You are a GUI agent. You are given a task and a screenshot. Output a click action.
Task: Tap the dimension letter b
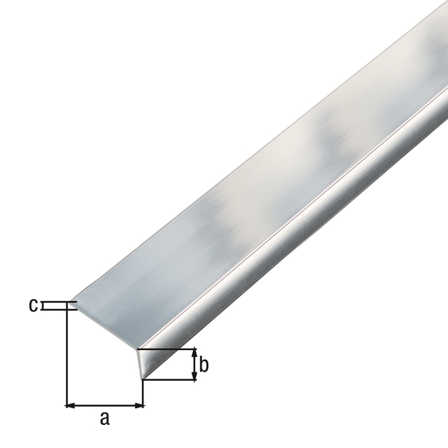(x=204, y=365)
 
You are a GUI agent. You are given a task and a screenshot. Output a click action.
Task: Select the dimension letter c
(x=32, y=305)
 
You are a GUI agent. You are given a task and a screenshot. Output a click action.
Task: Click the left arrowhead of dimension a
(x=69, y=405)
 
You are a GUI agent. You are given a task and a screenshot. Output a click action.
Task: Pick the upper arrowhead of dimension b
(x=195, y=352)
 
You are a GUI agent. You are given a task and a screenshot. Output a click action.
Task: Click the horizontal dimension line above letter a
(x=104, y=405)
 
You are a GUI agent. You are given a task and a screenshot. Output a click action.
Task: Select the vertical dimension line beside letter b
(x=195, y=365)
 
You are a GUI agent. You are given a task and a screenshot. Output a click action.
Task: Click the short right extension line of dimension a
(x=143, y=393)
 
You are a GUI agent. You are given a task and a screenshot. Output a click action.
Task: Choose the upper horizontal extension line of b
(x=168, y=349)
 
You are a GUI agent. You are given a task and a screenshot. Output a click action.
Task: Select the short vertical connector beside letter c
(x=43, y=305)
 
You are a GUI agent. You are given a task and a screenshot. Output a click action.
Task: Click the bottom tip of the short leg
(x=143, y=380)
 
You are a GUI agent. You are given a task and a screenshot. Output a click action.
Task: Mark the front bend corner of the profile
(x=138, y=349)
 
